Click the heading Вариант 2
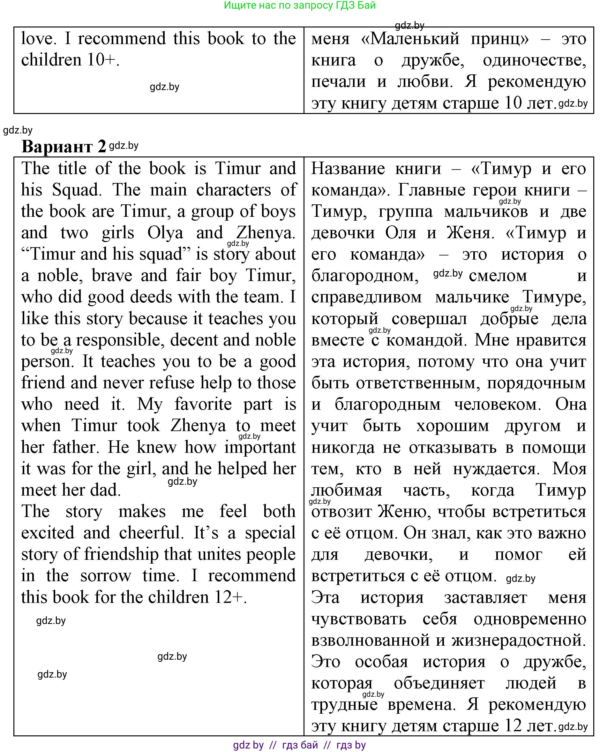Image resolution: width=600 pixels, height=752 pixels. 64,147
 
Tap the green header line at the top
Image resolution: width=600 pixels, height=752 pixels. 299,5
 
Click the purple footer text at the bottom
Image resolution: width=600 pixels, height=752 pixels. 299,745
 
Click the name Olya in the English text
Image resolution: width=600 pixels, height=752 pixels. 165,233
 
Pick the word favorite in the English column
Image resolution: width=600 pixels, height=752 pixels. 203,404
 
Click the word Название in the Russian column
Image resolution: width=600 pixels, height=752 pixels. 348,169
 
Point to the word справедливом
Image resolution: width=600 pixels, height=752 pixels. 366,297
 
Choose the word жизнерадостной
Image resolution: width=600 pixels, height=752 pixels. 518,640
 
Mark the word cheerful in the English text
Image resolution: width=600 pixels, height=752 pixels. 151,533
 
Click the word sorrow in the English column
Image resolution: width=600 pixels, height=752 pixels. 106,576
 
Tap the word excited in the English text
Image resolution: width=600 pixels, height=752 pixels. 48,533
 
